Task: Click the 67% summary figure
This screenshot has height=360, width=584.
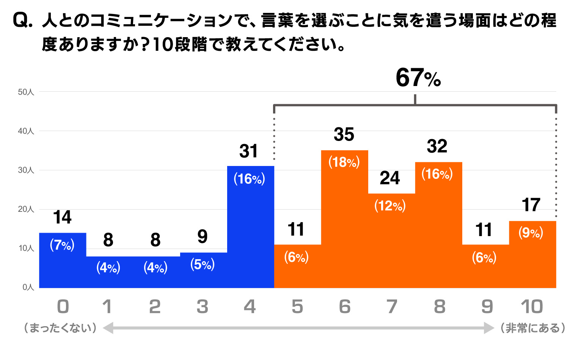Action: click(x=418, y=78)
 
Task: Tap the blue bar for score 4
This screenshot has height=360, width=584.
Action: click(x=250, y=235)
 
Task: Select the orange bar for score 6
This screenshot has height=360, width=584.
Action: click(x=344, y=227)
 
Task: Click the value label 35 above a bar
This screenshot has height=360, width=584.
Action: click(x=344, y=135)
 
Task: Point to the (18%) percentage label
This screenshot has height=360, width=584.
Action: click(x=344, y=162)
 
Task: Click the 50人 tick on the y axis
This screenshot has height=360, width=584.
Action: click(x=26, y=92)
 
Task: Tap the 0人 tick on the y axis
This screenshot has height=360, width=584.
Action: click(x=28, y=287)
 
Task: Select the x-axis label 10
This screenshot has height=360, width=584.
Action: click(x=532, y=307)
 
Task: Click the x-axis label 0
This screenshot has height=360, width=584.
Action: click(x=63, y=307)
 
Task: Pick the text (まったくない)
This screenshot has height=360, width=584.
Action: click(x=60, y=328)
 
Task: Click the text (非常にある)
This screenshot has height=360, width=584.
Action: click(x=532, y=328)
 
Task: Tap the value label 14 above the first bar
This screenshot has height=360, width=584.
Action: click(x=62, y=218)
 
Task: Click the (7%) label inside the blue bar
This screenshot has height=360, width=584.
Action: click(x=62, y=245)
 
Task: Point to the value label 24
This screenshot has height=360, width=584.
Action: click(x=390, y=178)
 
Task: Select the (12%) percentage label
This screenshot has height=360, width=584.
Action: click(x=390, y=206)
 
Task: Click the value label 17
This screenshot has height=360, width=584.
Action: click(x=531, y=205)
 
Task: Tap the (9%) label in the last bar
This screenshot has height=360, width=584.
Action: click(x=531, y=233)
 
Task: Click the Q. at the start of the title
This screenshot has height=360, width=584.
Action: click(x=23, y=20)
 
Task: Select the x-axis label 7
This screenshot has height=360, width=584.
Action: click(x=392, y=307)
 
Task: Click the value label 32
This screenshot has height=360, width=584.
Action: click(x=437, y=146)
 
